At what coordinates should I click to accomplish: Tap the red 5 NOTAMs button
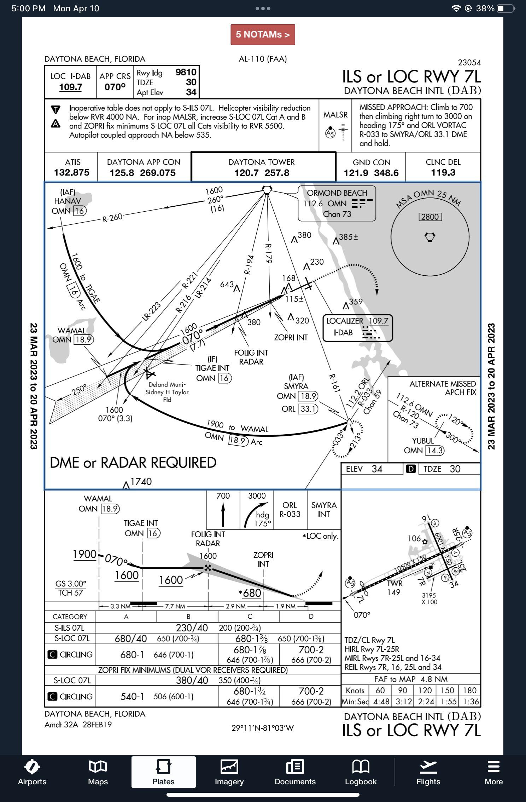tap(263, 35)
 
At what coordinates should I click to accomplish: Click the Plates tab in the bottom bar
tap(163, 772)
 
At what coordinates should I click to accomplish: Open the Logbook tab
tap(361, 772)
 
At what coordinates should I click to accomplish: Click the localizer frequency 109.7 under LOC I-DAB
tap(71, 87)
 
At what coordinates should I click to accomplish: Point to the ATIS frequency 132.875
tap(72, 173)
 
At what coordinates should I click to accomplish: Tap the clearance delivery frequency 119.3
tap(443, 173)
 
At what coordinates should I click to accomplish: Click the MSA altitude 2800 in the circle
tap(430, 217)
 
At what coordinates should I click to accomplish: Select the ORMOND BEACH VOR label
tap(337, 193)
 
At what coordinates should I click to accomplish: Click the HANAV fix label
tap(68, 201)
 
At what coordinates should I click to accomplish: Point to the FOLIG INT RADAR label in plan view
tap(251, 357)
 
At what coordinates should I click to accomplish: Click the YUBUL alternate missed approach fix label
tap(423, 441)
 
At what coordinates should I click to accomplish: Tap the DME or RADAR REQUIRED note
tap(133, 463)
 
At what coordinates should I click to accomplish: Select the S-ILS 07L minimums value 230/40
tap(192, 628)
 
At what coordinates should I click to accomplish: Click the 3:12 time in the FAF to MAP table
tap(402, 701)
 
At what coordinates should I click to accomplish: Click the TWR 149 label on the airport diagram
tap(394, 588)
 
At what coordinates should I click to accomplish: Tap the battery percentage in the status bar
tap(485, 8)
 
